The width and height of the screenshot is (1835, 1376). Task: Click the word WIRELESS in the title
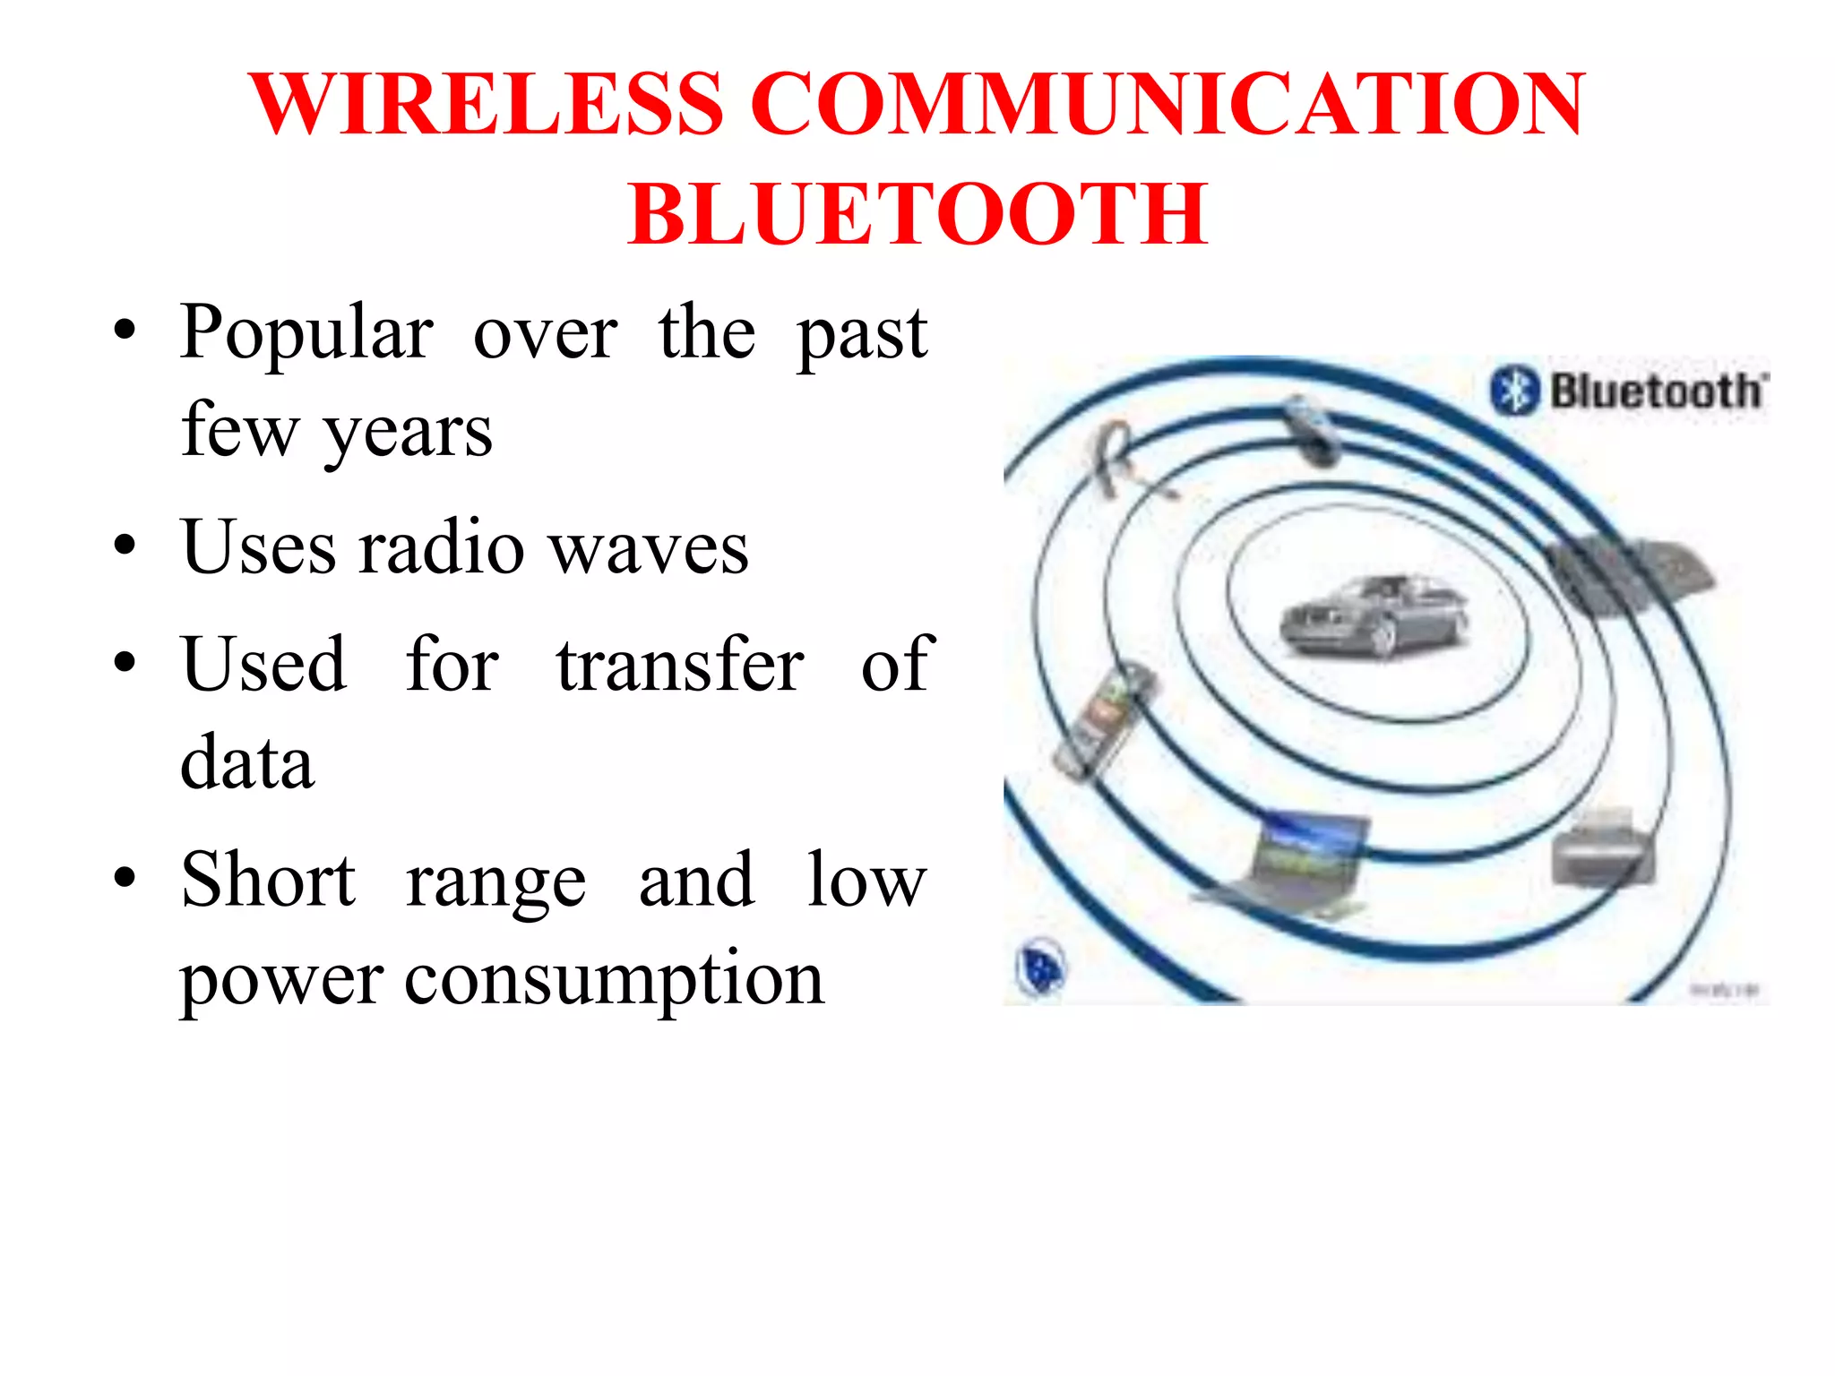[487, 105]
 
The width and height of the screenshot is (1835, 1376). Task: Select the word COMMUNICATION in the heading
[1167, 105]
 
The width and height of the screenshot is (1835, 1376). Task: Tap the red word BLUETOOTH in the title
[917, 214]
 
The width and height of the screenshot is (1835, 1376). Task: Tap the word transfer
[680, 665]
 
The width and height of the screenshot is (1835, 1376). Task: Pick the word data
[247, 763]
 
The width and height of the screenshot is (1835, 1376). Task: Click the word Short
[268, 880]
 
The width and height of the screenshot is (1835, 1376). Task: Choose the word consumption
[614, 978]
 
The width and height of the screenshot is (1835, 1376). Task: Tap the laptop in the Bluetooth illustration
[1290, 864]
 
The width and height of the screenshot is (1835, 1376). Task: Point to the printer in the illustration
[1603, 848]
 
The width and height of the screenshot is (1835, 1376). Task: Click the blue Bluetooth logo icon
[1514, 391]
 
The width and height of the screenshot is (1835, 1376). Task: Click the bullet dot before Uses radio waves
[125, 546]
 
